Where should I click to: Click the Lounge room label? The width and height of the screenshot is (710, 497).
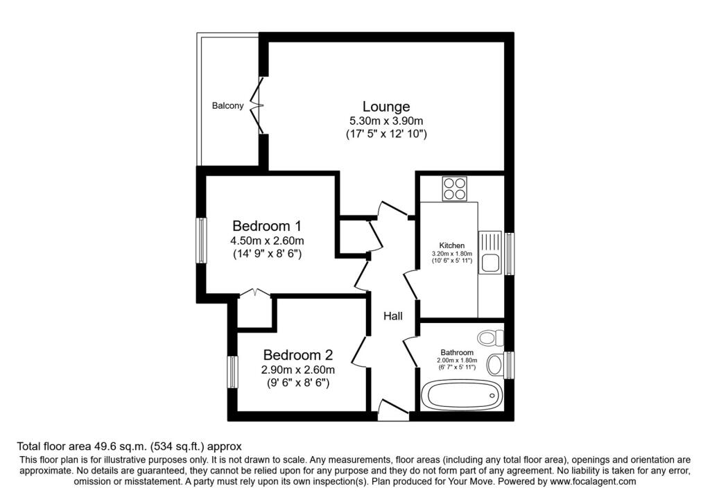click(386, 106)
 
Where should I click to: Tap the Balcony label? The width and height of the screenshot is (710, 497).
click(227, 106)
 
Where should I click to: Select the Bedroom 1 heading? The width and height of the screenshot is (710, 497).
click(267, 225)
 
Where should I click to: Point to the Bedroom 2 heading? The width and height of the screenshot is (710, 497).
click(298, 354)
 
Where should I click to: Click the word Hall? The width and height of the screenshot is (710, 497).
click(393, 316)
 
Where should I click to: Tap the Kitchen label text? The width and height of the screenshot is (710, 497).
click(452, 245)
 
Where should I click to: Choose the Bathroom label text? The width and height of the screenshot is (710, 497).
click(457, 353)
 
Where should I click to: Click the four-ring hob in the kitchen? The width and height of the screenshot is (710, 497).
click(455, 189)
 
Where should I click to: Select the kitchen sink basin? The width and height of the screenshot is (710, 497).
click(490, 263)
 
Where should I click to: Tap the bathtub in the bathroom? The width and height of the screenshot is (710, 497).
click(461, 395)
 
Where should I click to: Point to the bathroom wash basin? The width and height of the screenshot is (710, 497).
click(495, 363)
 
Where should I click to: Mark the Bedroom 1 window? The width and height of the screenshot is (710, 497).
click(202, 241)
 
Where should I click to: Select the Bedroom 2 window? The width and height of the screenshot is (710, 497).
click(233, 372)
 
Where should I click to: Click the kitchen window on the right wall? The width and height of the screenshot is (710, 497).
click(510, 254)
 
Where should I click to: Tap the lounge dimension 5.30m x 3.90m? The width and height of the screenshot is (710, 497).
click(386, 121)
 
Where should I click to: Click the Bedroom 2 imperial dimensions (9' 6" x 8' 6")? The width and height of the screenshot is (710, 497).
click(298, 383)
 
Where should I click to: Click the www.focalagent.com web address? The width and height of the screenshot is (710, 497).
click(593, 481)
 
